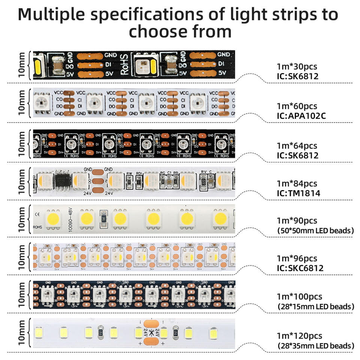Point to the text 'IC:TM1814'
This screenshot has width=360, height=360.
[x=297, y=193]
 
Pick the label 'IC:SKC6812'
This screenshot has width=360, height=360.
[x=300, y=268]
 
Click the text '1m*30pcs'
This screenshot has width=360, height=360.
[x=297, y=67]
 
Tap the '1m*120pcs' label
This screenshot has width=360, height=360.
[x=299, y=336]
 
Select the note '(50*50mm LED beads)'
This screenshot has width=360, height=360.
[x=315, y=230]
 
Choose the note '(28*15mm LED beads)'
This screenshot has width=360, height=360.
[x=315, y=306]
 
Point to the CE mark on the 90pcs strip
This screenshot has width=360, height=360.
[x=37, y=214]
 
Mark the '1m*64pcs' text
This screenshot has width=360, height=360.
[x=297, y=145]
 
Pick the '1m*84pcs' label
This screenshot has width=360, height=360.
[x=297, y=184]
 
